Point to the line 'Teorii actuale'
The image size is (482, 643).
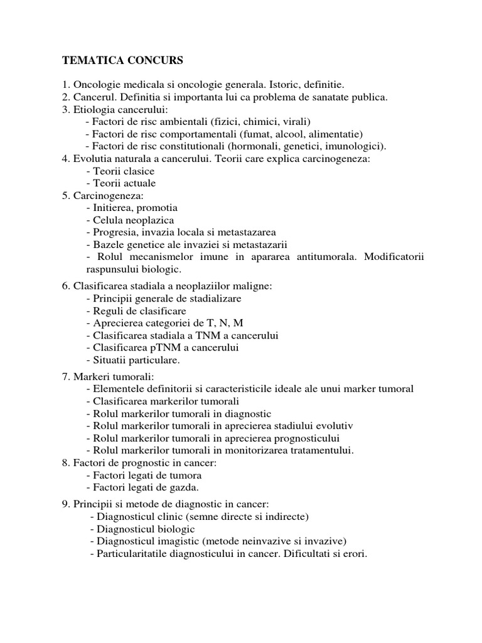tap(124, 183)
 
